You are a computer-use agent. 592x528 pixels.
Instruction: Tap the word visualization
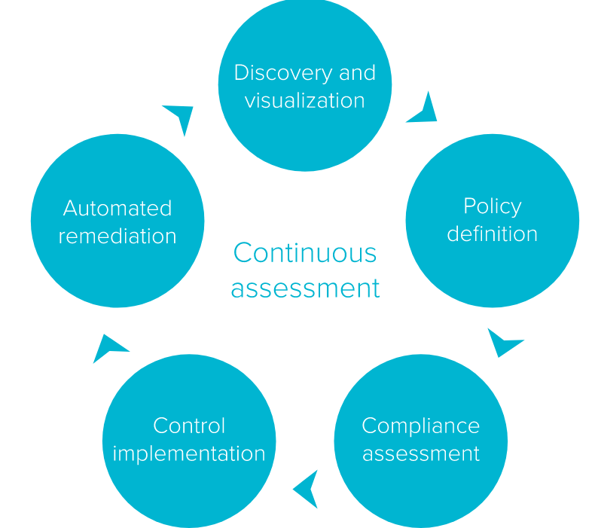tap(304, 100)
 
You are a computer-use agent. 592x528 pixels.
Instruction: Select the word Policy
tap(492, 206)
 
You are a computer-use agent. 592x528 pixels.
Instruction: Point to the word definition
tap(492, 233)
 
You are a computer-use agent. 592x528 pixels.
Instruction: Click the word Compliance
tap(420, 426)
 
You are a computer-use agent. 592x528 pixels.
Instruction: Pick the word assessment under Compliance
tap(420, 453)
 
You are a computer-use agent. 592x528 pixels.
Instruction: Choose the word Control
tap(189, 426)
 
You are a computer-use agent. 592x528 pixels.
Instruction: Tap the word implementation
tap(189, 453)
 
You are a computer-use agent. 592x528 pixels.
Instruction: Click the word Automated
tap(117, 208)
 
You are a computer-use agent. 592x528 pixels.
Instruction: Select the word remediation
tap(117, 236)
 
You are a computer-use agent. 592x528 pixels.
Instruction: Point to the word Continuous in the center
tap(304, 252)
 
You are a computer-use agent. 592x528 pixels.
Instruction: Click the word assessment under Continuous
tap(305, 288)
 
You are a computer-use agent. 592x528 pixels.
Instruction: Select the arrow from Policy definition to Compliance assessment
tap(503, 343)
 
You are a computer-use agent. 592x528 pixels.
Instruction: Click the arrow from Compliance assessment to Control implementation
tap(307, 490)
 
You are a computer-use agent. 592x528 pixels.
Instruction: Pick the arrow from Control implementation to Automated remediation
tap(108, 348)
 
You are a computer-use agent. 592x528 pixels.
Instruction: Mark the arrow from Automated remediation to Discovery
tap(181, 117)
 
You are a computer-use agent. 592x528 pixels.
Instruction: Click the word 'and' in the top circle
tap(356, 72)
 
